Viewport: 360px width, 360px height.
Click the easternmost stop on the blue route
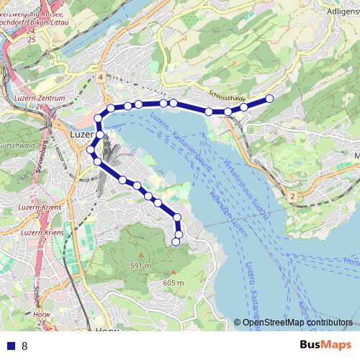[x=270, y=98]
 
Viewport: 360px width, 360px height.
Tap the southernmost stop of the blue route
[x=175, y=242]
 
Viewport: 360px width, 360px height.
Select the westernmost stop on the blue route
[x=91, y=150]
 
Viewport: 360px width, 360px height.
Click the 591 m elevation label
[x=140, y=266]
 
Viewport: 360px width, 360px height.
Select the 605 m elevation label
[x=173, y=283]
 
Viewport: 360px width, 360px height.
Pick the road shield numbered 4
[x=102, y=76]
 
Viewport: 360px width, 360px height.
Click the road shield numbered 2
[x=292, y=196]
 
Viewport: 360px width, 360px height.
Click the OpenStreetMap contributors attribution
[x=297, y=323]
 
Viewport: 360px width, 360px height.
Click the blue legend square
[x=10, y=346]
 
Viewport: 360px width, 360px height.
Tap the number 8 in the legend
[x=24, y=346]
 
